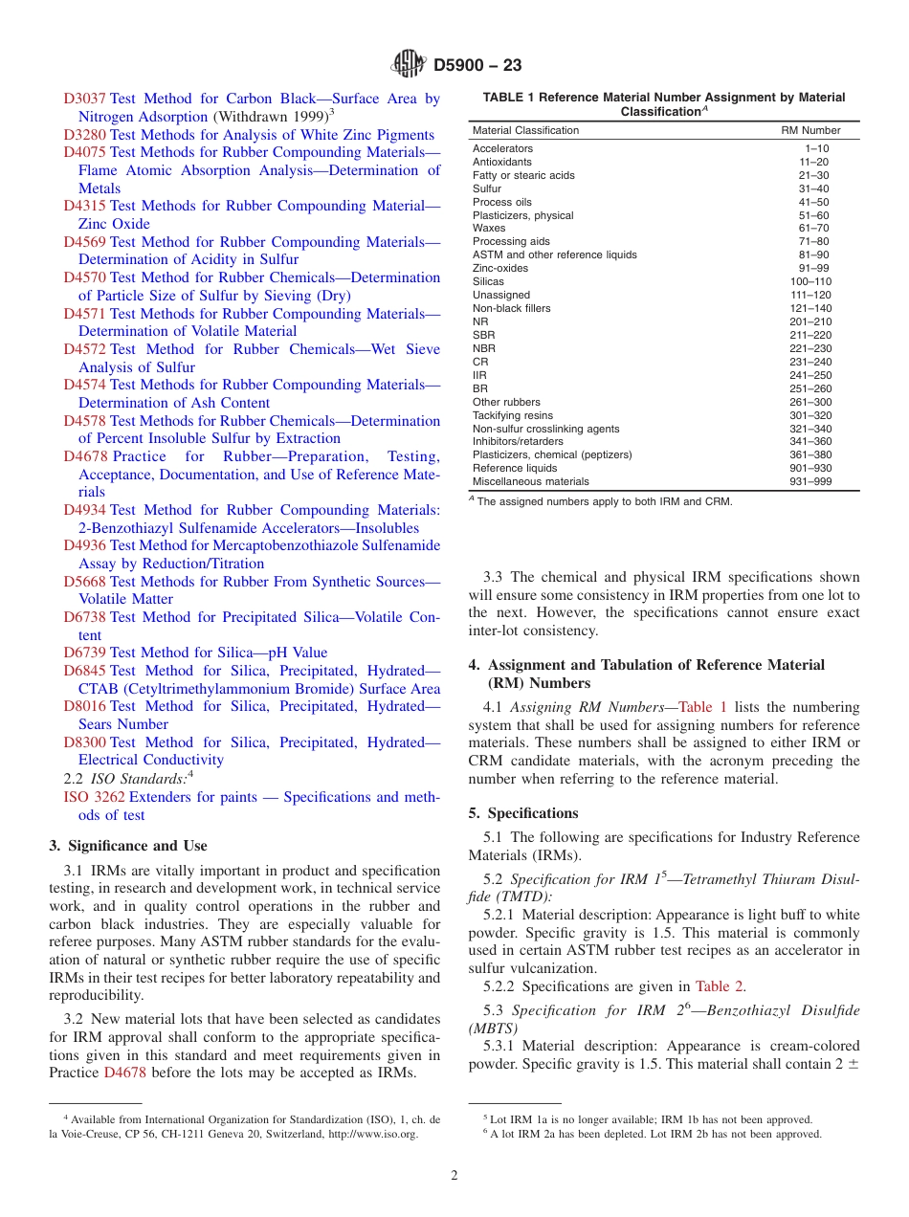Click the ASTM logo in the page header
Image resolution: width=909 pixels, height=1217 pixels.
(409, 65)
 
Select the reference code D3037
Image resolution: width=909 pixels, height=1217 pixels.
(84, 99)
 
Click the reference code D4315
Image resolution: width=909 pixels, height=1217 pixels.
(84, 206)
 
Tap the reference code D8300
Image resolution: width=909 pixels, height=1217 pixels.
(84, 742)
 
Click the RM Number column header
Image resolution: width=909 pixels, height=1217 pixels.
(810, 130)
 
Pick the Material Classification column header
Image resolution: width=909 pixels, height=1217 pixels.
(525, 130)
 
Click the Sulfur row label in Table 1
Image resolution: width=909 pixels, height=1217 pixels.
(486, 188)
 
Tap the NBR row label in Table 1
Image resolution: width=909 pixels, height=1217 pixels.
(483, 348)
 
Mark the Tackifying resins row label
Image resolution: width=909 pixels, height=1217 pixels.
(512, 415)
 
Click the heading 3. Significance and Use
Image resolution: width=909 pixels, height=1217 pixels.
(127, 846)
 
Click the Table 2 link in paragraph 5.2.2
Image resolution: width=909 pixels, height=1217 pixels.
(720, 986)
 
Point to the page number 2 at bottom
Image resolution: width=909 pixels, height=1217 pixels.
(454, 1176)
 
